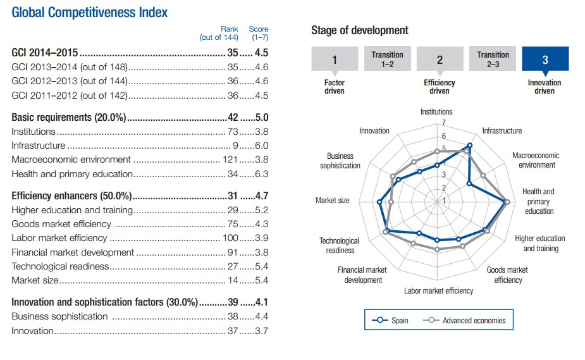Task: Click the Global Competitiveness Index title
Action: [x=90, y=12]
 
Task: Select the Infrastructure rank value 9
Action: [x=235, y=146]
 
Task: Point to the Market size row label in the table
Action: [x=35, y=280]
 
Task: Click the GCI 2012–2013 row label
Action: [x=70, y=81]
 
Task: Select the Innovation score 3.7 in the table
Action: [x=261, y=331]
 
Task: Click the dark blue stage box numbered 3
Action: [x=545, y=60]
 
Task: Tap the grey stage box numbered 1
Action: [x=335, y=60]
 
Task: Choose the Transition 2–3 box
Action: [x=493, y=59]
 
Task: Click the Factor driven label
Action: [x=335, y=87]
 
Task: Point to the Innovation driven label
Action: [x=545, y=87]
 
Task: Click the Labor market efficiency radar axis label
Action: [x=438, y=291]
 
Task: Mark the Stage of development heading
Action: [x=359, y=30]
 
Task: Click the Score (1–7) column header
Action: [x=258, y=33]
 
